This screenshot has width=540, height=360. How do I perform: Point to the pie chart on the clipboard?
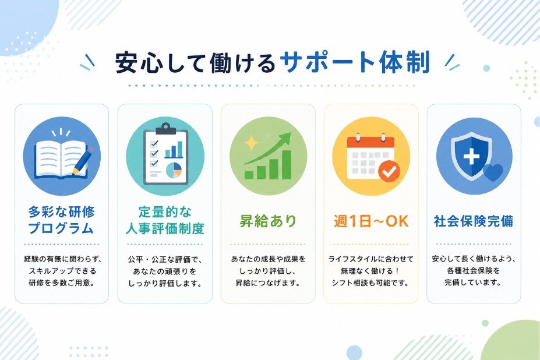tap(174, 170)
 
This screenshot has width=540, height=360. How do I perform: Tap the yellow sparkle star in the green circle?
tap(252, 143)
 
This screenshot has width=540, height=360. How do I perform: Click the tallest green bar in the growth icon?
tap(286, 165)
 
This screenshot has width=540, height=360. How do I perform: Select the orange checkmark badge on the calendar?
tap(389, 171)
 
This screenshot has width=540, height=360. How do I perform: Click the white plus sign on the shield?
tap(471, 157)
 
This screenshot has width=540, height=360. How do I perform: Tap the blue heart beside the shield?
tap(493, 172)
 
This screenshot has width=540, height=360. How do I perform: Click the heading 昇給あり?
tap(267, 221)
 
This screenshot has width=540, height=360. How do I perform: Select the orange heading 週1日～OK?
tap(371, 221)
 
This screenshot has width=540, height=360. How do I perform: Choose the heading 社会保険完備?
tap(474, 221)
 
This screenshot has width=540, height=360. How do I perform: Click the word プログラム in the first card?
tap(61, 228)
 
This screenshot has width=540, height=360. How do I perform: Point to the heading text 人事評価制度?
tap(165, 228)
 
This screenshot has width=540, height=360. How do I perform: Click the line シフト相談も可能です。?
tap(370, 283)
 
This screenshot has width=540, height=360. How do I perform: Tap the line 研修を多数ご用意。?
tap(62, 283)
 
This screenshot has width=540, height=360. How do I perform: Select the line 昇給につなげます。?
tap(267, 283)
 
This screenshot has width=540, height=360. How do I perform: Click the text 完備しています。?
tap(474, 283)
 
